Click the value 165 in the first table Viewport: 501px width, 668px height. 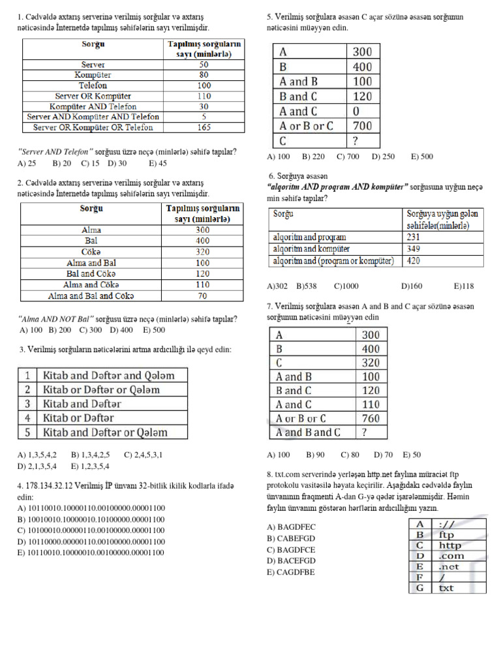204,128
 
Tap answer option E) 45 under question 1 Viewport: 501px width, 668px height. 158,163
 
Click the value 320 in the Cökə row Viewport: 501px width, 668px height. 202,252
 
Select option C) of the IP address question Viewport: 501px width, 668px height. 91,530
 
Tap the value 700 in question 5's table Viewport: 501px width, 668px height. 361,126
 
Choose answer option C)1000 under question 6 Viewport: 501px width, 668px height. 365,286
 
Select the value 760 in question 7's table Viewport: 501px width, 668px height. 370,418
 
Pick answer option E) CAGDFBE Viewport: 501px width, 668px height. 290,572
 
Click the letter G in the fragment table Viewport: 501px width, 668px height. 420,588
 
